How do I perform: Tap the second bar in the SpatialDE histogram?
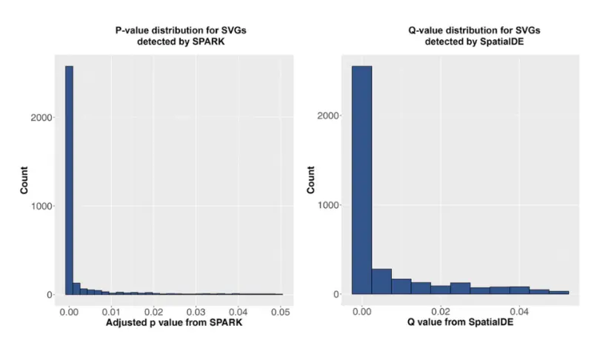click(x=381, y=281)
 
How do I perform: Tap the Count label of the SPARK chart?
click(x=24, y=180)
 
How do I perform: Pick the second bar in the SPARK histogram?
click(x=76, y=289)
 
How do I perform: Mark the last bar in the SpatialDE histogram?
click(x=559, y=293)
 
